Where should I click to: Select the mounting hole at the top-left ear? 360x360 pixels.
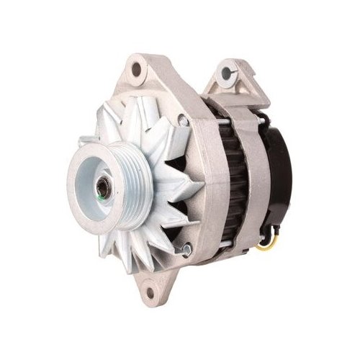(137, 70)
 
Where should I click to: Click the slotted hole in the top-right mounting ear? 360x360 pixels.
(228, 73)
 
